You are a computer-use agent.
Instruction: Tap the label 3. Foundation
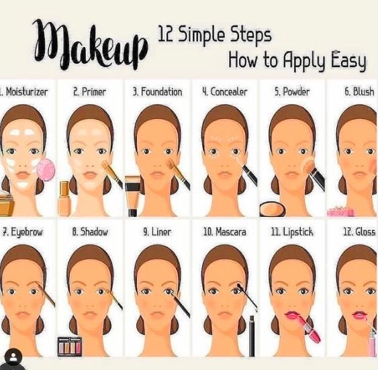157,91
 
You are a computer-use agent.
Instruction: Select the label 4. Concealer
224,91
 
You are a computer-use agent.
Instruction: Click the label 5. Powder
291,91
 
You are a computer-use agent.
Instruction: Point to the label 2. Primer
89,91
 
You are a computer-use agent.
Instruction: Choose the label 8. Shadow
89,232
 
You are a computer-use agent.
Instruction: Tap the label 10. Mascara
224,232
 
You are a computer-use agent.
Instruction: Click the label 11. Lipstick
291,232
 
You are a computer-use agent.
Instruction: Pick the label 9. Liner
157,232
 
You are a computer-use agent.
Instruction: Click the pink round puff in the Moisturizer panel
46,169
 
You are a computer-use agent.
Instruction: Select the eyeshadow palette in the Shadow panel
69,346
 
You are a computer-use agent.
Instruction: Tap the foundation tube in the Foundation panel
132,195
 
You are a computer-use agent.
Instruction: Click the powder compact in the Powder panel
273,209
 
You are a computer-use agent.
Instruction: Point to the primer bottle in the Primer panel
64,199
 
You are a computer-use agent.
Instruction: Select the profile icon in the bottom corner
13,357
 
